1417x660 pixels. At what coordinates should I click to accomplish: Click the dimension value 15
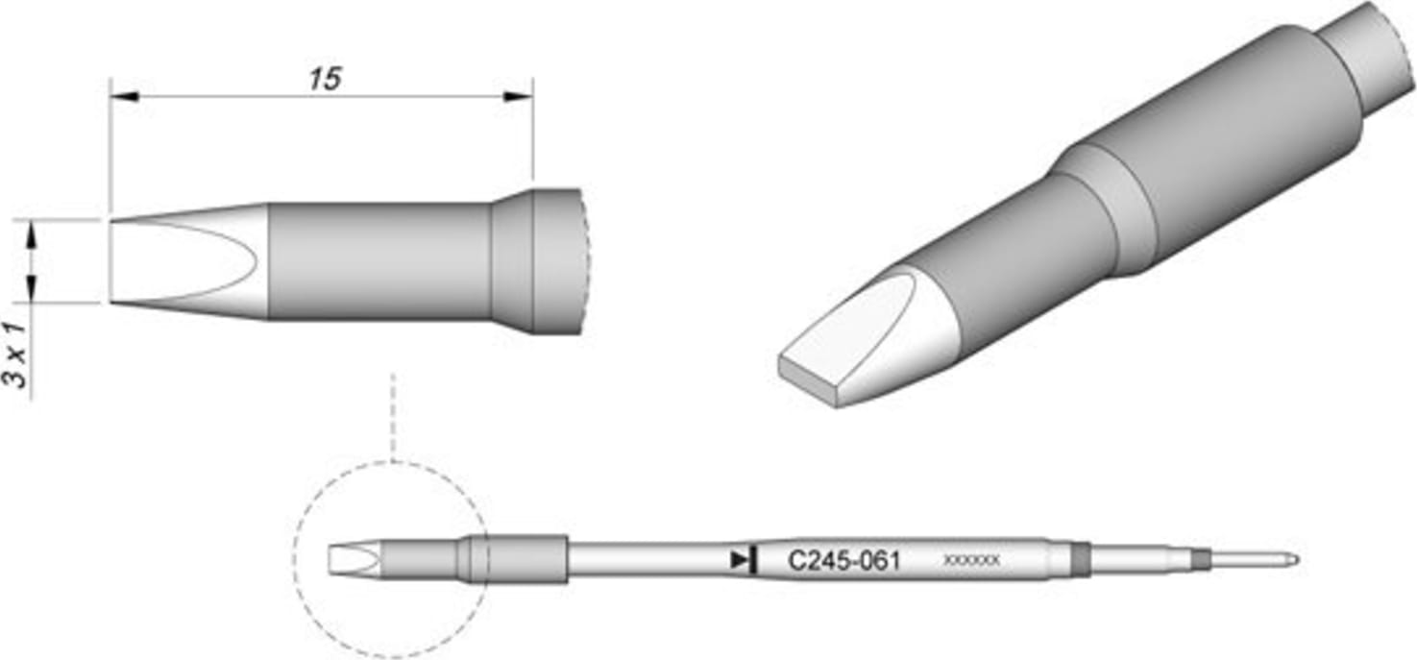pyautogui.click(x=325, y=79)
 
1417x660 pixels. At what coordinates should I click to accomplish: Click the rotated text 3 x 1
pyautogui.click(x=16, y=354)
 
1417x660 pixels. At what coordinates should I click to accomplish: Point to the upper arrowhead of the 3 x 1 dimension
pyautogui.click(x=32, y=232)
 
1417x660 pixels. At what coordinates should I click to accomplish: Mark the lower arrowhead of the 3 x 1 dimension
pyautogui.click(x=32, y=288)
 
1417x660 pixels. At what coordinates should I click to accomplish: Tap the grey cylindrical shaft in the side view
pyautogui.click(x=379, y=261)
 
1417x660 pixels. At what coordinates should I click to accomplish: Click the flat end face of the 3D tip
pyautogui.click(x=807, y=380)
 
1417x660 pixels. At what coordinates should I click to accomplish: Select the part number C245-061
pyautogui.click(x=843, y=560)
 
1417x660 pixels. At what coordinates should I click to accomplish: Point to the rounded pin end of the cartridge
pyautogui.click(x=1292, y=558)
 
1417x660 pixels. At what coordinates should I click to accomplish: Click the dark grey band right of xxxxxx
pyautogui.click(x=1081, y=558)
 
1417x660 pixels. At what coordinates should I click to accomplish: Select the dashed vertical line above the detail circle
pyautogui.click(x=392, y=413)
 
